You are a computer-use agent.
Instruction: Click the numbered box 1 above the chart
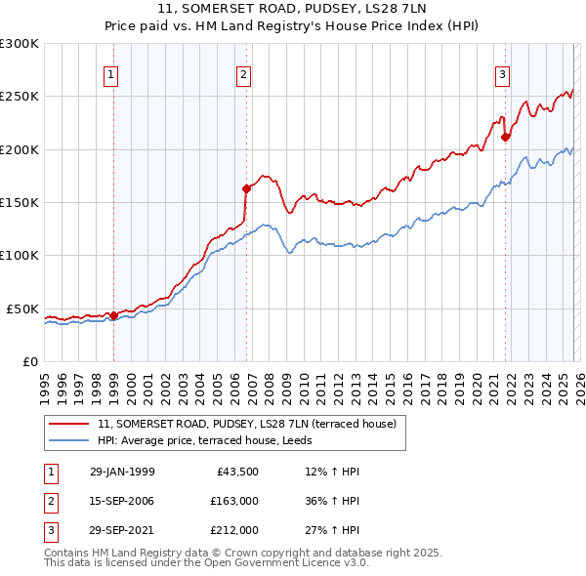pos(111,74)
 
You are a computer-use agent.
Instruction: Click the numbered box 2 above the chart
pos(243,74)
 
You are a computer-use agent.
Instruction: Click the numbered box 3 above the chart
pos(502,74)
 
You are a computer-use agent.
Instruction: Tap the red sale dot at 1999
pos(113,315)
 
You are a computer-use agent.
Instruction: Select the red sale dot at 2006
pos(246,188)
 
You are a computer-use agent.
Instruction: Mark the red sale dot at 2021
pos(505,138)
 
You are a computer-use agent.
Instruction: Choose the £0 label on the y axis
pos(28,361)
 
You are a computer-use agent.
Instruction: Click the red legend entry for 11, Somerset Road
pos(246,425)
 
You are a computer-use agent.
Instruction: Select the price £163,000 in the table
pos(233,501)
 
